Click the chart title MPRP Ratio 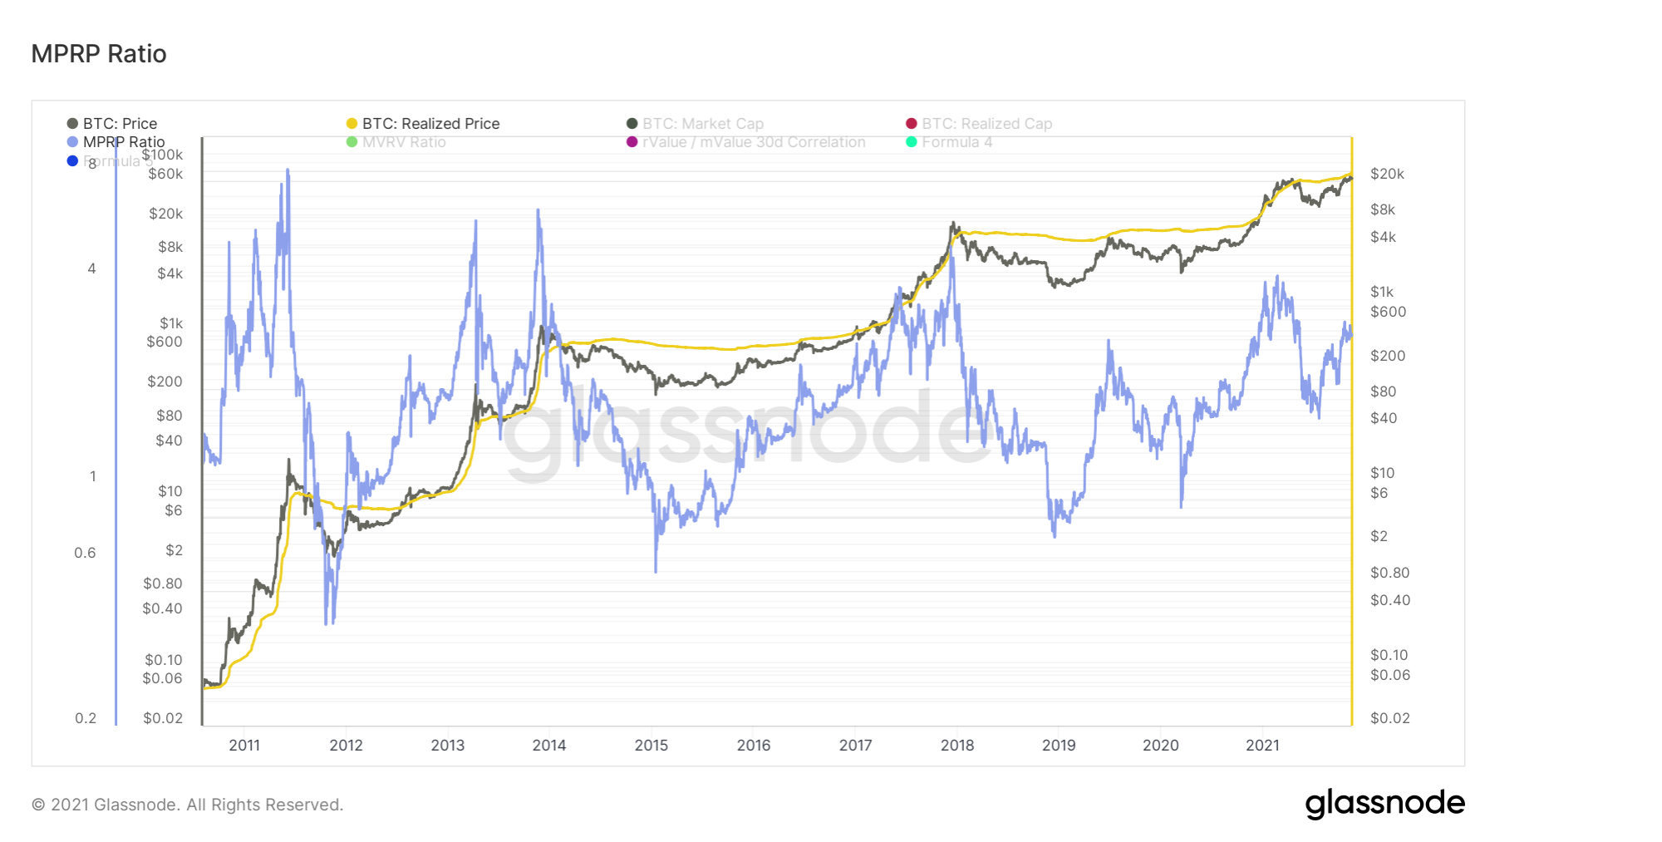click(99, 54)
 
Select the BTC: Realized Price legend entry click(423, 124)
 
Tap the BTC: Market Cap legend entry click(696, 124)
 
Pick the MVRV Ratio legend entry click(396, 142)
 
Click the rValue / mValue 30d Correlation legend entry click(746, 142)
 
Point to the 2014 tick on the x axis click(549, 746)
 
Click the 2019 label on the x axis click(1059, 746)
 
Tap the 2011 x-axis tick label click(244, 746)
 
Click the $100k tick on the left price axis click(163, 155)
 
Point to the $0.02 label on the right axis click(1390, 718)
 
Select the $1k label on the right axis click(1382, 292)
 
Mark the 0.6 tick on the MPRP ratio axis click(85, 553)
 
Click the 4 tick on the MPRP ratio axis click(91, 268)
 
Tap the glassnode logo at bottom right click(1384, 803)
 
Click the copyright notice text click(187, 805)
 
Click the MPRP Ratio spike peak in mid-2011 click(288, 170)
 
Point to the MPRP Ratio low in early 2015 click(656, 570)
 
